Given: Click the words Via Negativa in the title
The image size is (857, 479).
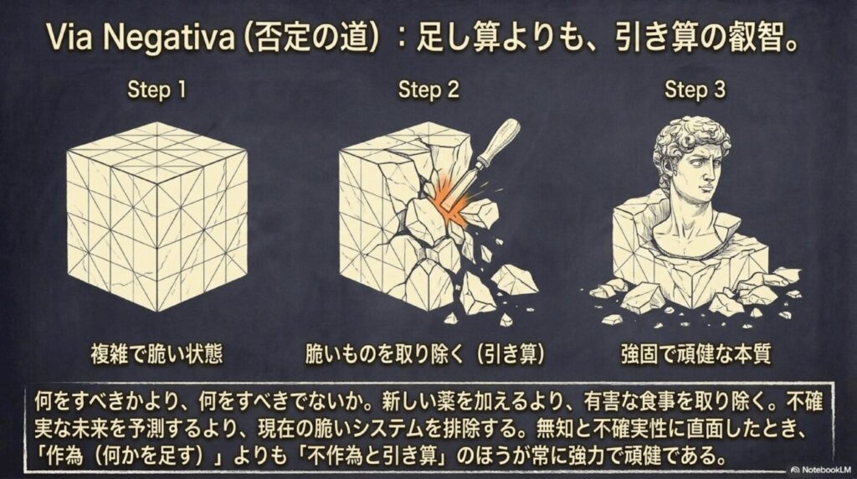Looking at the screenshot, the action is [140, 37].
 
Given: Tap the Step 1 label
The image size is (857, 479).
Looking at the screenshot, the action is [157, 90].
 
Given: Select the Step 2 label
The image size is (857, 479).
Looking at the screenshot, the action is [428, 90].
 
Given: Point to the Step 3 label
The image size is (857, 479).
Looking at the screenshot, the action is [695, 90].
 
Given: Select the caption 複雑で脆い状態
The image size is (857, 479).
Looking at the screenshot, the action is [157, 354].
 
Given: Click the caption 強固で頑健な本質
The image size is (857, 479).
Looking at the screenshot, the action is [695, 354].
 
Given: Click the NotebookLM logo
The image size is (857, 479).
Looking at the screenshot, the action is [820, 469].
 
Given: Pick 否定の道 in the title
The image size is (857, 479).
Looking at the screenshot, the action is [308, 38].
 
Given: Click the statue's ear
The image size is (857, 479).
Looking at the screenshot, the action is [670, 169].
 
